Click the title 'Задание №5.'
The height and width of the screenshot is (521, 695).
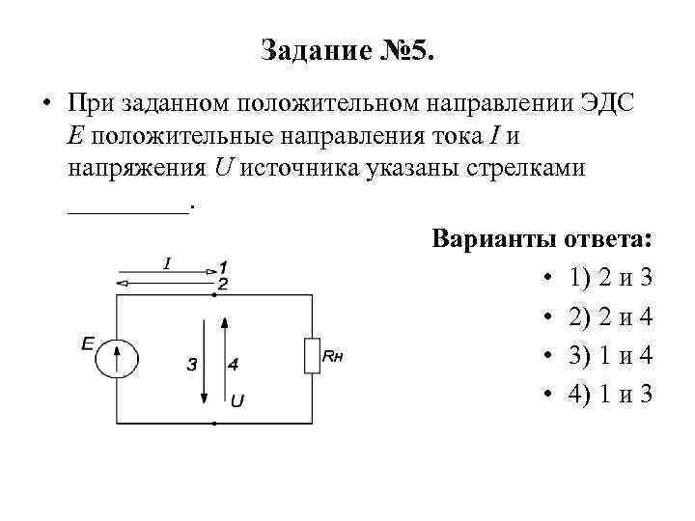(x=347, y=50)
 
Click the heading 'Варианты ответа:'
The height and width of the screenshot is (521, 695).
(x=542, y=238)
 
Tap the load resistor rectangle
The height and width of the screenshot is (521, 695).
(x=312, y=356)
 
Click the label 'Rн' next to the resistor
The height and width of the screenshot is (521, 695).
(x=333, y=357)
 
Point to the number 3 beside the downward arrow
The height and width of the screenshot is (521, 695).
(x=192, y=365)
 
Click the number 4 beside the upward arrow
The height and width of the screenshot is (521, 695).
(x=234, y=365)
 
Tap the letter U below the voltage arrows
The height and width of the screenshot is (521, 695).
(x=236, y=400)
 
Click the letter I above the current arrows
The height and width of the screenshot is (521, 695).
(x=167, y=261)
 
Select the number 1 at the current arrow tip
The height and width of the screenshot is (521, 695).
(x=223, y=266)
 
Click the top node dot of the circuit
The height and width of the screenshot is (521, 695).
(x=213, y=294)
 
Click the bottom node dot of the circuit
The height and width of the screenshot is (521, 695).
(x=213, y=423)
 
